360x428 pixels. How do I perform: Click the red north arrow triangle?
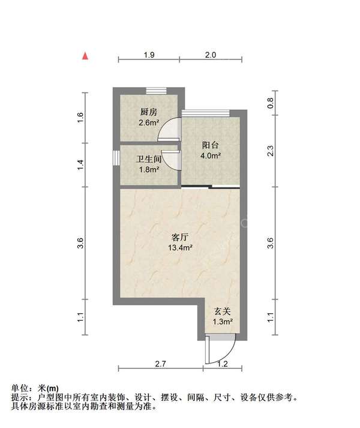[x=86, y=56]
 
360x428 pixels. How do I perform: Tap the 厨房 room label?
[x=148, y=112]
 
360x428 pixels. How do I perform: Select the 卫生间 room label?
[x=148, y=159]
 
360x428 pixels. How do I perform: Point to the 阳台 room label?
[x=210, y=145]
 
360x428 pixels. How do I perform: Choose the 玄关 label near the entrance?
[x=223, y=312]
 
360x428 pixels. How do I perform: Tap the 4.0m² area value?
[x=210, y=155]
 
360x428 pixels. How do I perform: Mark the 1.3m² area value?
[x=223, y=322]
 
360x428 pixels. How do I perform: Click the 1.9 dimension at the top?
[x=149, y=55]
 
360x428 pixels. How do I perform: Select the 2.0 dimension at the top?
[x=211, y=55]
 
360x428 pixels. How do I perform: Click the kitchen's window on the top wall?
[x=156, y=90]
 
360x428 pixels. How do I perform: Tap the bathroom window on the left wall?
[x=116, y=157]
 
